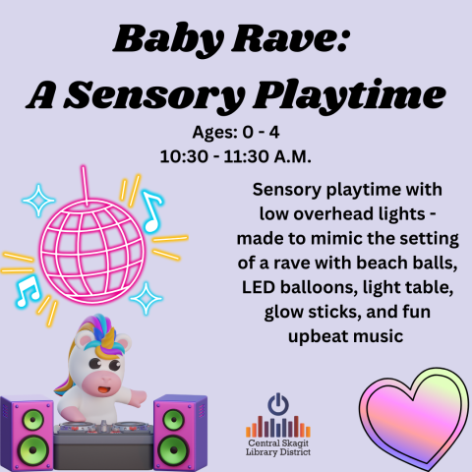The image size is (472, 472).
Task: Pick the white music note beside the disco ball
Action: pyautogui.click(x=151, y=208)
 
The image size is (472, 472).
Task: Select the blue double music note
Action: pyautogui.click(x=28, y=287)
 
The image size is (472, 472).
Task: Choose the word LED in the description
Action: pyautogui.click(x=260, y=290)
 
